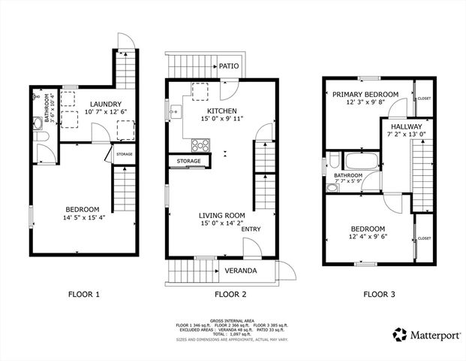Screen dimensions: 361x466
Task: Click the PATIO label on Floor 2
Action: click(229, 67)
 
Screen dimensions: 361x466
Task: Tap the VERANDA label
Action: click(241, 271)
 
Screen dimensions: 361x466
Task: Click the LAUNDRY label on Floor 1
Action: click(107, 104)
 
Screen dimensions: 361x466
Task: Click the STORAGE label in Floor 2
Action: click(189, 161)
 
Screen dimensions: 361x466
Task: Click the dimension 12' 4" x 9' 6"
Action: click(368, 238)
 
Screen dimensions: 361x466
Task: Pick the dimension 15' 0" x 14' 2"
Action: click(212, 223)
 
